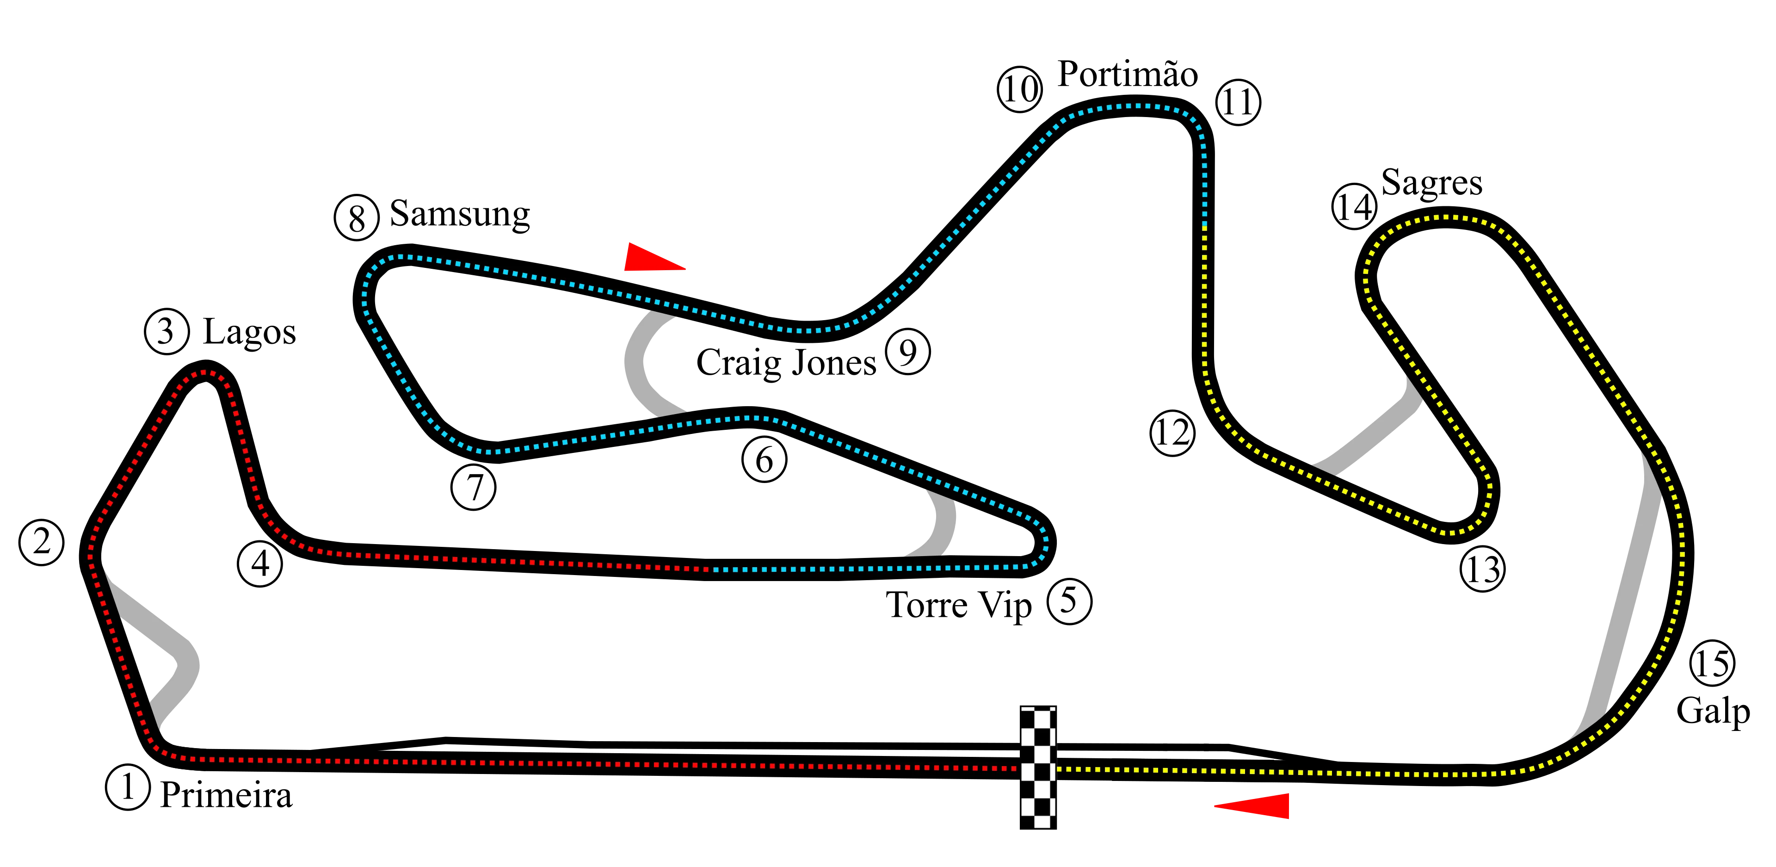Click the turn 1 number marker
(x=128, y=787)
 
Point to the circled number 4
(x=260, y=564)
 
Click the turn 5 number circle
(x=1069, y=600)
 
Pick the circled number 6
(x=765, y=460)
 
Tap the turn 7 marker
(x=474, y=488)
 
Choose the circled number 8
(x=357, y=219)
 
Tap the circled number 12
(x=1172, y=433)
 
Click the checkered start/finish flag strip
(x=1037, y=767)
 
